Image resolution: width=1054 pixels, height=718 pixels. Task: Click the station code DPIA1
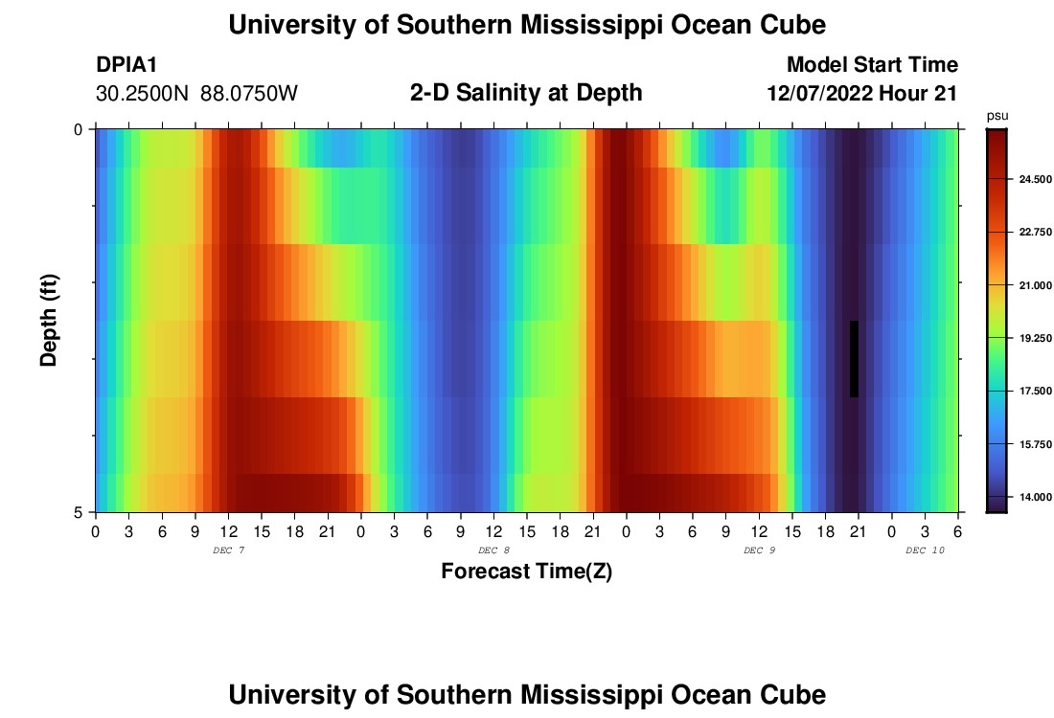pyautogui.click(x=126, y=65)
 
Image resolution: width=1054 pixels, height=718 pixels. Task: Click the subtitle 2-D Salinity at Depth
pyautogui.click(x=526, y=93)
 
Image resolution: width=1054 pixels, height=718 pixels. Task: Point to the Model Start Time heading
pyautogui.click(x=872, y=65)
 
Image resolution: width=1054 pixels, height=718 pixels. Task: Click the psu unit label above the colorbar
pyautogui.click(x=997, y=116)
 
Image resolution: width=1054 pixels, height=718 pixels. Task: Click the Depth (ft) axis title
pyautogui.click(x=49, y=320)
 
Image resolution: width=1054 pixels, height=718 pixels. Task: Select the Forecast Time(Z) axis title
pyautogui.click(x=526, y=572)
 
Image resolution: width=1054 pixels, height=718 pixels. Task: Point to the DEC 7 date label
pyautogui.click(x=228, y=550)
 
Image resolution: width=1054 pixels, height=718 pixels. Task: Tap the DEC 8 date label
pyautogui.click(x=493, y=550)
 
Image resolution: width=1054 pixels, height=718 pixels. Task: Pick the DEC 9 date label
pyautogui.click(x=759, y=550)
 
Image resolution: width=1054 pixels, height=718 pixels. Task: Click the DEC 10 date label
pyautogui.click(x=925, y=550)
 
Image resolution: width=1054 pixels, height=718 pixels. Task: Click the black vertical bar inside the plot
pyautogui.click(x=854, y=358)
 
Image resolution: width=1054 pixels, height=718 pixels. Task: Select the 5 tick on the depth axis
pyautogui.click(x=79, y=512)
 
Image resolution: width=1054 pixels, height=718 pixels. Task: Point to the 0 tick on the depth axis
pyautogui.click(x=79, y=129)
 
